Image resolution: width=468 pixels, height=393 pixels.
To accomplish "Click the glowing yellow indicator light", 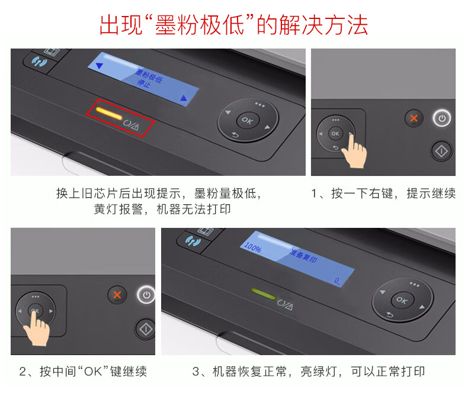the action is coord(109,113).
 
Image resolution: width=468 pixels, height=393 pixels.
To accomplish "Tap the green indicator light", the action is coord(264,294).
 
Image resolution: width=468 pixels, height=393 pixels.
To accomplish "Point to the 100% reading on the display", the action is coord(252,247).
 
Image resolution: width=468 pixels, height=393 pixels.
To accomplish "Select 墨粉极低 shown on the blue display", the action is coord(149,75).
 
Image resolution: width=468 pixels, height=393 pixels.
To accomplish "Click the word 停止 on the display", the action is coord(143,83).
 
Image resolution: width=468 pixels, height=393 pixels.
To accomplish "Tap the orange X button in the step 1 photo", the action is coord(413,118).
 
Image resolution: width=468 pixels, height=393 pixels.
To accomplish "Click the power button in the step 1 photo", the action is coord(442,118).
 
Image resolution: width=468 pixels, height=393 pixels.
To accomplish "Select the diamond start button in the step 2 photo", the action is coord(146,329).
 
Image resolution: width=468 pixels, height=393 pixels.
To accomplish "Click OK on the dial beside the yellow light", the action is coord(248,121).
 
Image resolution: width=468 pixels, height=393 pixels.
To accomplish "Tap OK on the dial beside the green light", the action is coord(402,300).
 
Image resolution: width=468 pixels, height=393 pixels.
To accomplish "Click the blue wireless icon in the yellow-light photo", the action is coord(40,62).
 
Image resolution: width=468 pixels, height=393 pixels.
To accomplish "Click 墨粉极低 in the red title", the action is coord(200,25).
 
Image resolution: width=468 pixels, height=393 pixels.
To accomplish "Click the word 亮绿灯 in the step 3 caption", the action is coord(319,372).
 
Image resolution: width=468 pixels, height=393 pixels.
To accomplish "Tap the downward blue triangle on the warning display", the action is coord(99,66).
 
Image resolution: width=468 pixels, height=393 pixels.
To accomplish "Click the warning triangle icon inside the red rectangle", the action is coord(134,127).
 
